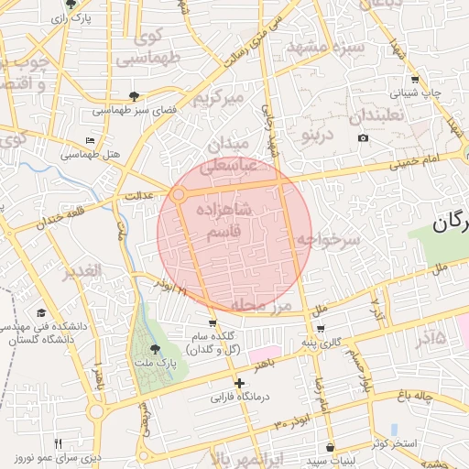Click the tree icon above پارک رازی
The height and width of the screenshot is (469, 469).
pyautogui.click(x=71, y=5)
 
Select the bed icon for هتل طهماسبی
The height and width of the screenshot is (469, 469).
pyautogui.click(x=89, y=140)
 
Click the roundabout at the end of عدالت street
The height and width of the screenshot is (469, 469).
pyautogui.click(x=178, y=195)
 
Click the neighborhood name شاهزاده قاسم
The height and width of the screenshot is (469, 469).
pyautogui.click(x=224, y=223)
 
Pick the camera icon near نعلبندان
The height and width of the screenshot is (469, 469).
pyautogui.click(x=364, y=138)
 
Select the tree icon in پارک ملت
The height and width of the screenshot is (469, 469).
pyautogui.click(x=154, y=349)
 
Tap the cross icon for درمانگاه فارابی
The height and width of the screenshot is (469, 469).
pyautogui.click(x=240, y=383)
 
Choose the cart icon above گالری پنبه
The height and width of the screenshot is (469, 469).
pyautogui.click(x=320, y=328)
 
